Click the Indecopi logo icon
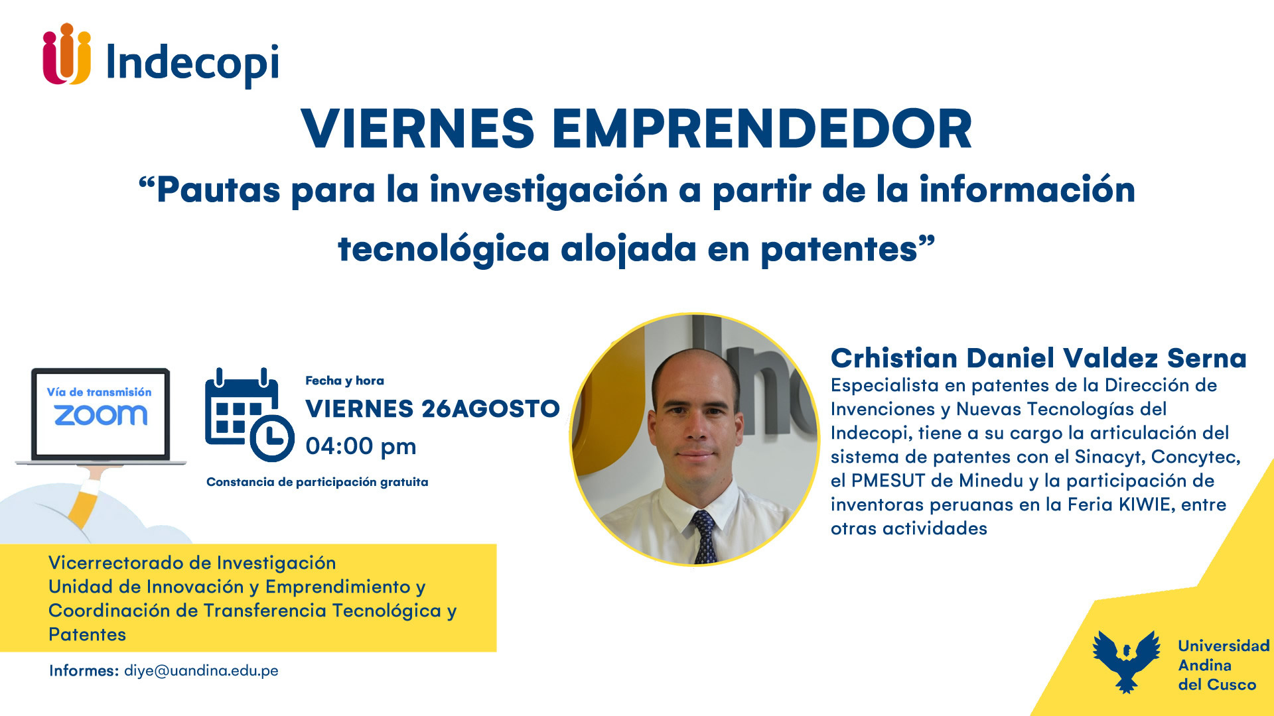66,54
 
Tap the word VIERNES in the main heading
417,129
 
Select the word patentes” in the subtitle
847,249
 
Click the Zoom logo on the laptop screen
100,416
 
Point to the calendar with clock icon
249,414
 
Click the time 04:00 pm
361,447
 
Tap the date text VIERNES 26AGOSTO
433,409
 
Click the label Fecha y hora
344,381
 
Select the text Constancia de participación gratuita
317,482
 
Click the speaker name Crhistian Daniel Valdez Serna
1038,358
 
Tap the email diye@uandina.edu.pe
201,671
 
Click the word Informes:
84,671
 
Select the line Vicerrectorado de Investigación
192,563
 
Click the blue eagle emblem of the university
1126,660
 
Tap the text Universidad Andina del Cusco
1224,665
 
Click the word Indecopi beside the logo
192,64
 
